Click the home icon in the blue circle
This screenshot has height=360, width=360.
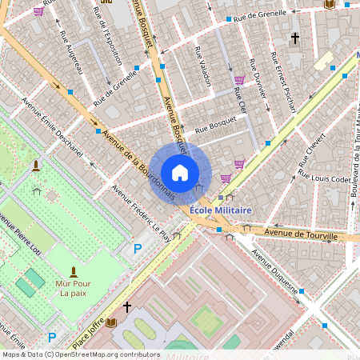pos(180,173)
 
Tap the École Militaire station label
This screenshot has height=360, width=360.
pos(221,210)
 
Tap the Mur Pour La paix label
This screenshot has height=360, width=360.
pos(74,288)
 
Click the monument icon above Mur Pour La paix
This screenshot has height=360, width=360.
pos(74,272)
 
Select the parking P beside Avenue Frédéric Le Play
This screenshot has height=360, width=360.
pos(137,249)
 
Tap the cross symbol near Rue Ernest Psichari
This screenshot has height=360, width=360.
pos(294,38)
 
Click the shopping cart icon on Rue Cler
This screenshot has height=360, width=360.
pos(239,79)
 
